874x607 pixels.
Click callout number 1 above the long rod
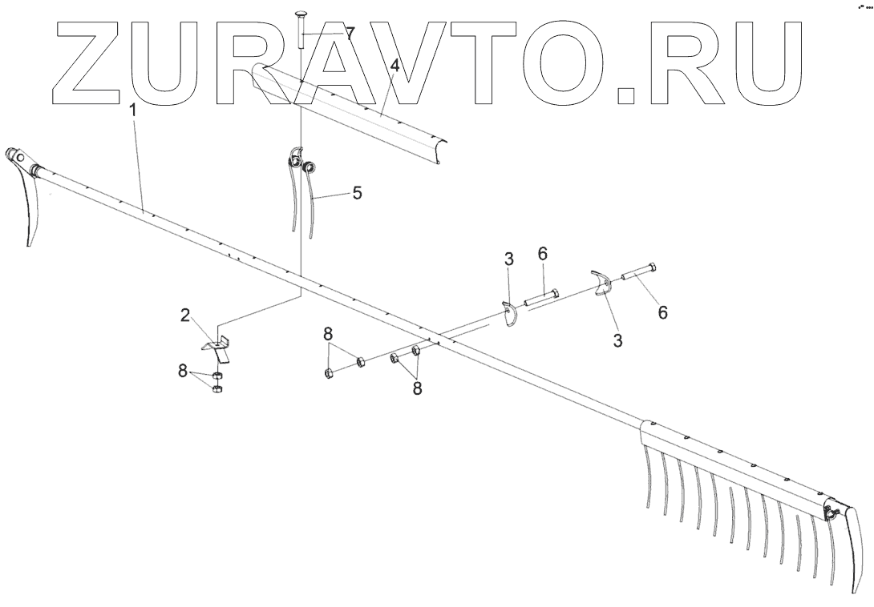[x=133, y=112]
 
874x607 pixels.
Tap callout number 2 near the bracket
[x=185, y=315]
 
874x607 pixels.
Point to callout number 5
[x=357, y=193]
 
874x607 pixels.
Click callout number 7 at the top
[x=349, y=34]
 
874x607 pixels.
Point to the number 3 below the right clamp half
[x=617, y=341]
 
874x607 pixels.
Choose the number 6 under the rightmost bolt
[x=662, y=312]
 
